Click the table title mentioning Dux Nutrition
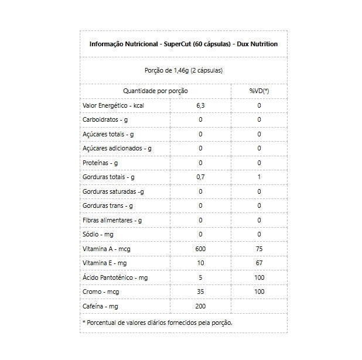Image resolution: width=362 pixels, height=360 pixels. (x=183, y=44)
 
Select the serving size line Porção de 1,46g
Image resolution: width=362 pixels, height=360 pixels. (x=183, y=70)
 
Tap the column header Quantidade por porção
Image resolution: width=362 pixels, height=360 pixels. (x=155, y=91)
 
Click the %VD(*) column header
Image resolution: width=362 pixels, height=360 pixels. (x=259, y=91)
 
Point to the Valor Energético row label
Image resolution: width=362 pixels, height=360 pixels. (x=113, y=105)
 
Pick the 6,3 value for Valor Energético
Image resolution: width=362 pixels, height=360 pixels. (x=200, y=105)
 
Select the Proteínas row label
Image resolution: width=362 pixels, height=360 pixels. (x=101, y=163)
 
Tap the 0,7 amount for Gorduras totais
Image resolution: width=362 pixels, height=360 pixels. (x=200, y=177)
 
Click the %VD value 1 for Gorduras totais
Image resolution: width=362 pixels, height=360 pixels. (x=259, y=177)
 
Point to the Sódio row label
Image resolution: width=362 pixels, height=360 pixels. (x=98, y=234)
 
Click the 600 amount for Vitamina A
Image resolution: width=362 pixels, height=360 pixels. (x=200, y=249)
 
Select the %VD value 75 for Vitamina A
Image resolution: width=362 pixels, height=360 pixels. (x=259, y=249)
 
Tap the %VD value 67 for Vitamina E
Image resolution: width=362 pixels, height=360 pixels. (x=259, y=263)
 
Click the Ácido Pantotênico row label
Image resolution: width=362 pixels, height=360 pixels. (x=115, y=277)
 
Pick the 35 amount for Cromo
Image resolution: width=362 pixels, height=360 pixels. (x=200, y=292)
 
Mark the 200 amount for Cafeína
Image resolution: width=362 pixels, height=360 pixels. (x=200, y=306)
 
